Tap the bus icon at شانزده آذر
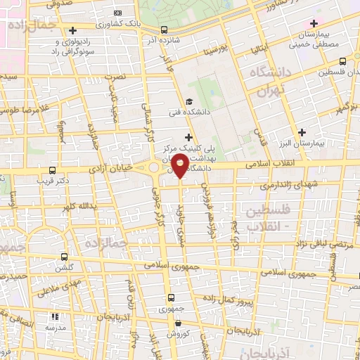(x=164, y=30)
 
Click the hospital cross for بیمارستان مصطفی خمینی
(x=313, y=25)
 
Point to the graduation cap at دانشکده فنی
(x=188, y=101)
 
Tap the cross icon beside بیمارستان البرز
(x=302, y=131)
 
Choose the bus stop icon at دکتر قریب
(x=52, y=171)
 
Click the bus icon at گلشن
(x=65, y=257)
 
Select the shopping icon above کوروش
(x=179, y=323)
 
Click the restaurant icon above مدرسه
(x=55, y=317)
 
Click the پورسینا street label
(x=215, y=51)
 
